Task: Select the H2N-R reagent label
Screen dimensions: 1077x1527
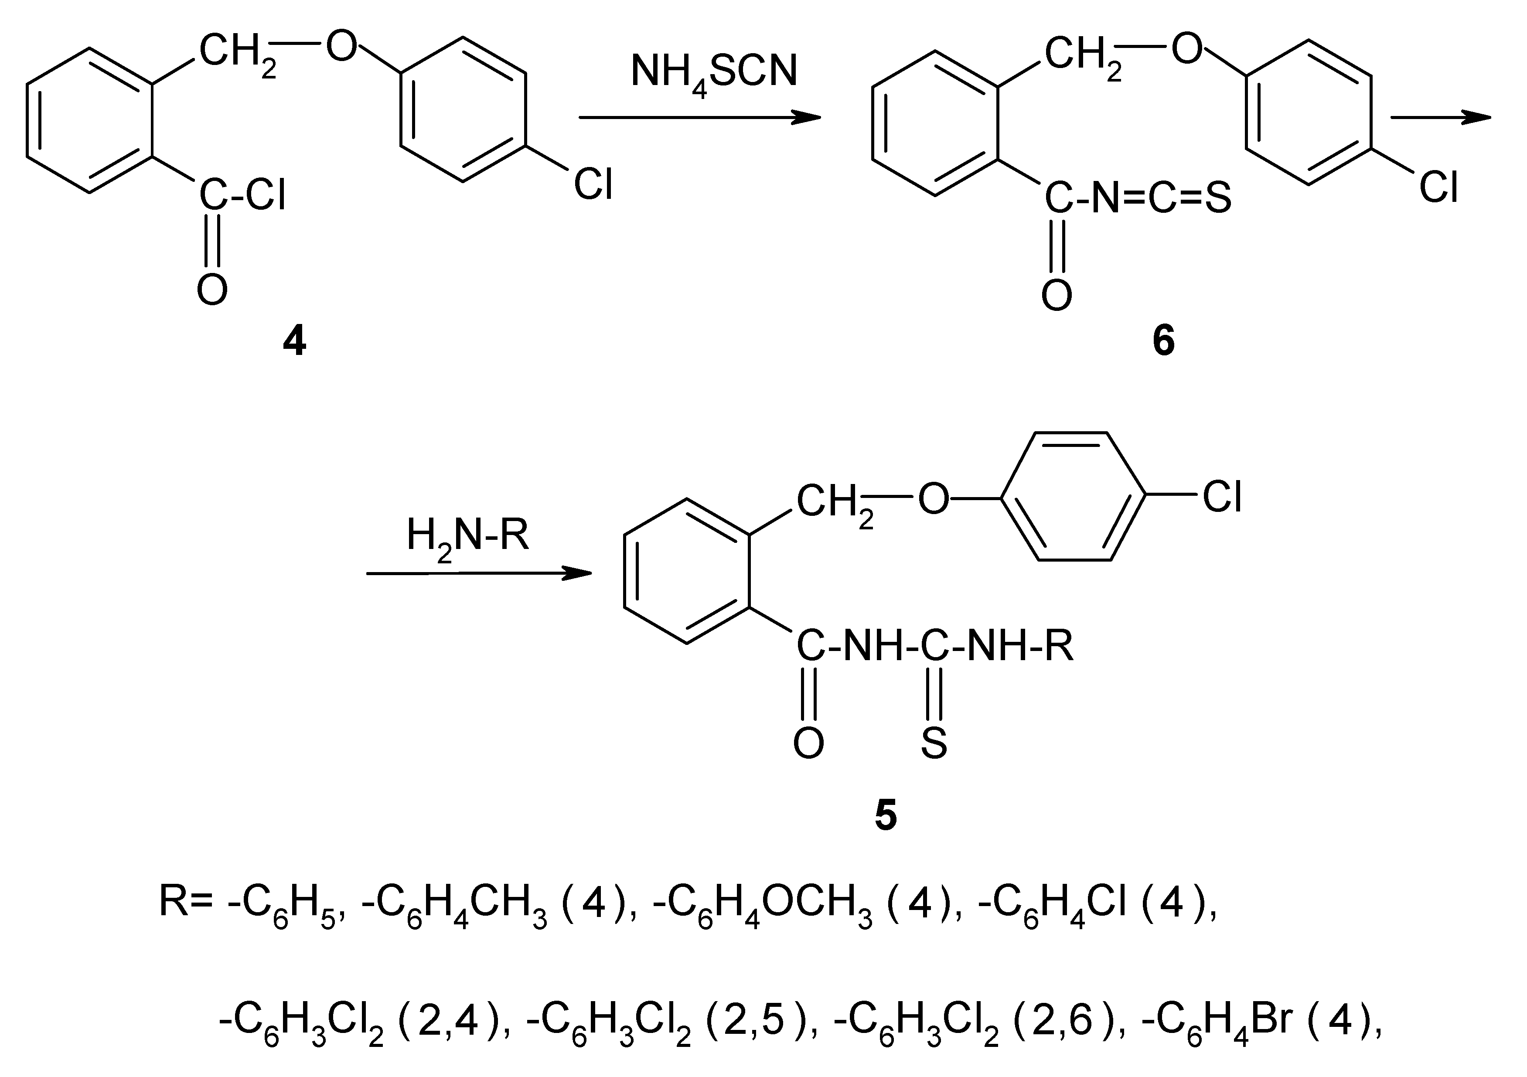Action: click(x=467, y=536)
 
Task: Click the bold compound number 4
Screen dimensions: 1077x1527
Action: click(x=295, y=343)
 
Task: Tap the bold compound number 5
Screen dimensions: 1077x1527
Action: click(x=885, y=816)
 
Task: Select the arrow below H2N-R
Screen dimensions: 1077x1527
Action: click(x=479, y=573)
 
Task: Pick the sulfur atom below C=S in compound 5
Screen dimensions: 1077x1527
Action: click(x=934, y=743)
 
